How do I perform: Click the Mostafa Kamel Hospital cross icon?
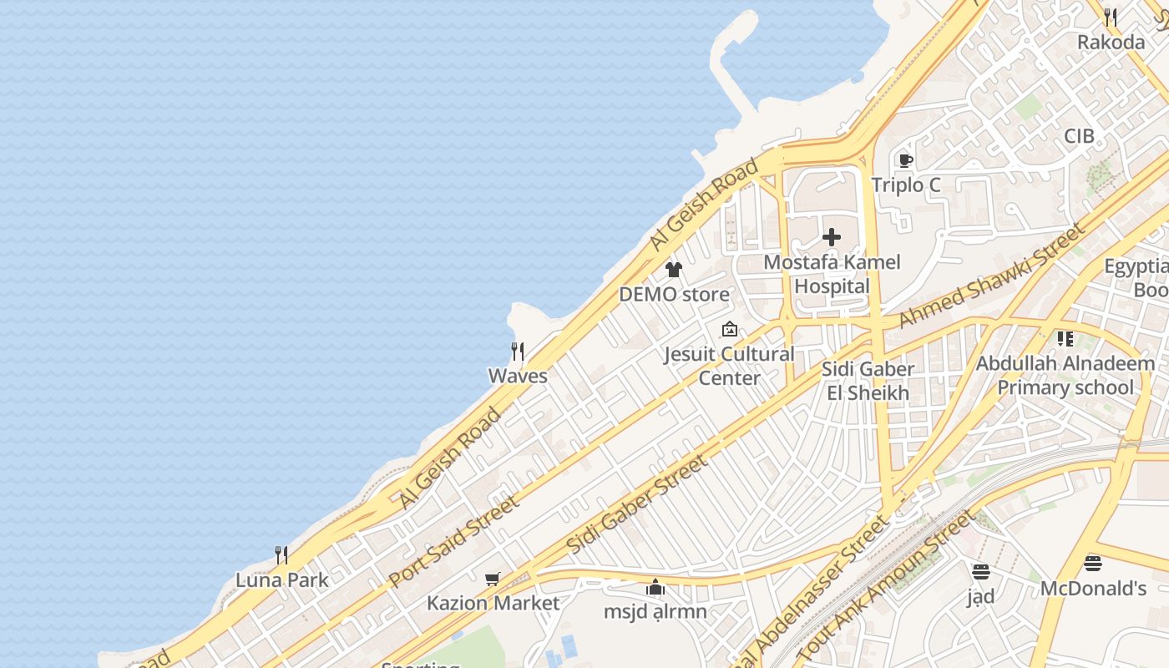point(832,237)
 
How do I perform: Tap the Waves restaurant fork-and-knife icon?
point(518,352)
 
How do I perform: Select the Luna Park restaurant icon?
point(281,555)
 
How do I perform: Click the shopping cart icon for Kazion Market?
point(493,579)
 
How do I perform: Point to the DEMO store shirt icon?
point(674,270)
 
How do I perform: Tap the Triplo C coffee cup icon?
point(905,160)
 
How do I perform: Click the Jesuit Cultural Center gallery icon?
point(730,329)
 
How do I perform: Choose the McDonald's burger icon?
point(1093,564)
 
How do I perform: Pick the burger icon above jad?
point(981,572)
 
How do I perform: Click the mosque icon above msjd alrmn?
point(655,587)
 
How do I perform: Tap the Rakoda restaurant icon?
point(1111,17)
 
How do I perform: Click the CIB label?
point(1079,136)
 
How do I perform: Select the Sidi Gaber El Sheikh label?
point(868,381)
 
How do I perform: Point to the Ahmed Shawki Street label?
point(992,276)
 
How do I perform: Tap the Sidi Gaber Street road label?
point(636,504)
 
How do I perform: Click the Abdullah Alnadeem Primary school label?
point(1065,376)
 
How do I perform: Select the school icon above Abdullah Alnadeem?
point(1065,339)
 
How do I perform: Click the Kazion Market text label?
point(493,603)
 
